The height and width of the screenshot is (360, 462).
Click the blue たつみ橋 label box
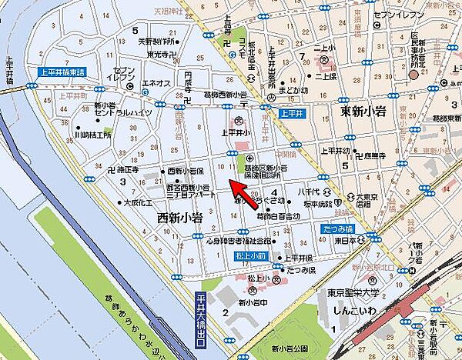coord(336,229)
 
